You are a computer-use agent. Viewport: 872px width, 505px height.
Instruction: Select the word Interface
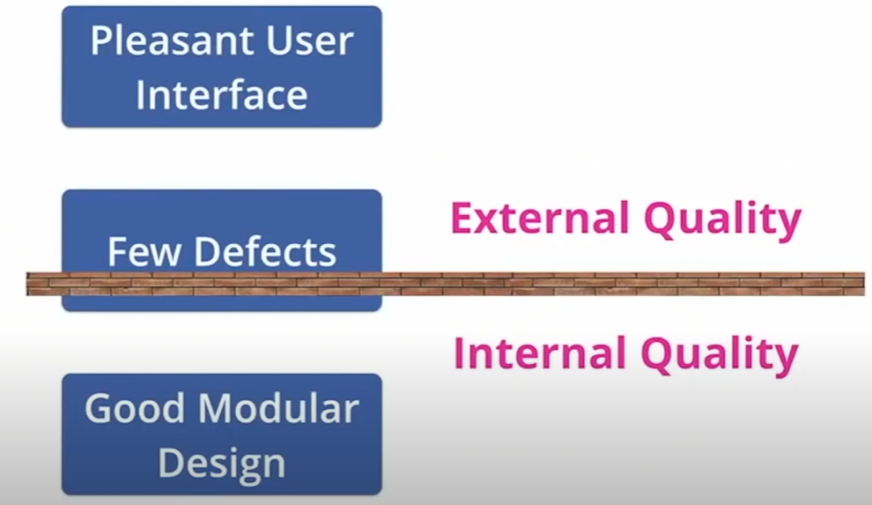point(221,95)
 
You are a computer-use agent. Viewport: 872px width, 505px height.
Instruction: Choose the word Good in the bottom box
point(133,409)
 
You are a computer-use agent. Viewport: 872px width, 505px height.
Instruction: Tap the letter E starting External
point(462,219)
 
